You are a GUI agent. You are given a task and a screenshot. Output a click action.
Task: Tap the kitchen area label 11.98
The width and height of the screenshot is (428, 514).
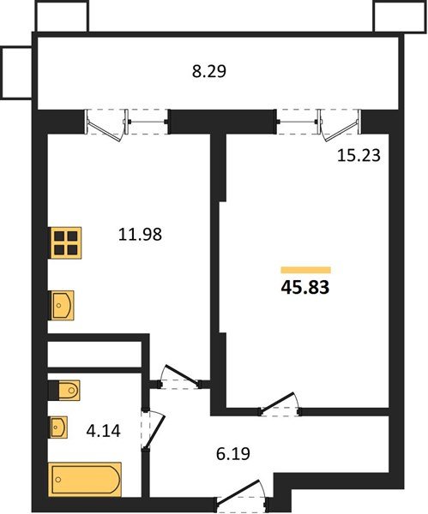coord(140,232)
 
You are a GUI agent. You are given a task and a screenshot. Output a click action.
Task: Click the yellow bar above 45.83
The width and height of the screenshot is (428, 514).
coord(305,269)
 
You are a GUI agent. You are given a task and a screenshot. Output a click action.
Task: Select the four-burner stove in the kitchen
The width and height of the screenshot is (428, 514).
coord(65,243)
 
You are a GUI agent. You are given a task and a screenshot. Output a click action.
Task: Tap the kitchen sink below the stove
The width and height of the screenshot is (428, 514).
coord(63,303)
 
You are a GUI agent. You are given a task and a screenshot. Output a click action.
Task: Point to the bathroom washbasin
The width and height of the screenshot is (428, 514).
coord(61,426)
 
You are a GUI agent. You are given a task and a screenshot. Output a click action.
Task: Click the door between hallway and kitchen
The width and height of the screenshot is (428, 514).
coord(180,377)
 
